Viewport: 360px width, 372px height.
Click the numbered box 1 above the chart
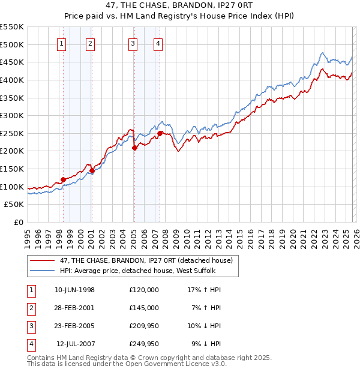pos(63,43)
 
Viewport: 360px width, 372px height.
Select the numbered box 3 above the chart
pos(133,43)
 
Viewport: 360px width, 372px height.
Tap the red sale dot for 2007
pos(160,133)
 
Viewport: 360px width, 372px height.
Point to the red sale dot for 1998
pos(63,179)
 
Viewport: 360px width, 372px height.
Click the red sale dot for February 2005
pos(134,148)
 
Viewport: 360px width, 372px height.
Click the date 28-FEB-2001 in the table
pos(75,308)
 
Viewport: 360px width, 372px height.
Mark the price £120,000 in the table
pos(144,290)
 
